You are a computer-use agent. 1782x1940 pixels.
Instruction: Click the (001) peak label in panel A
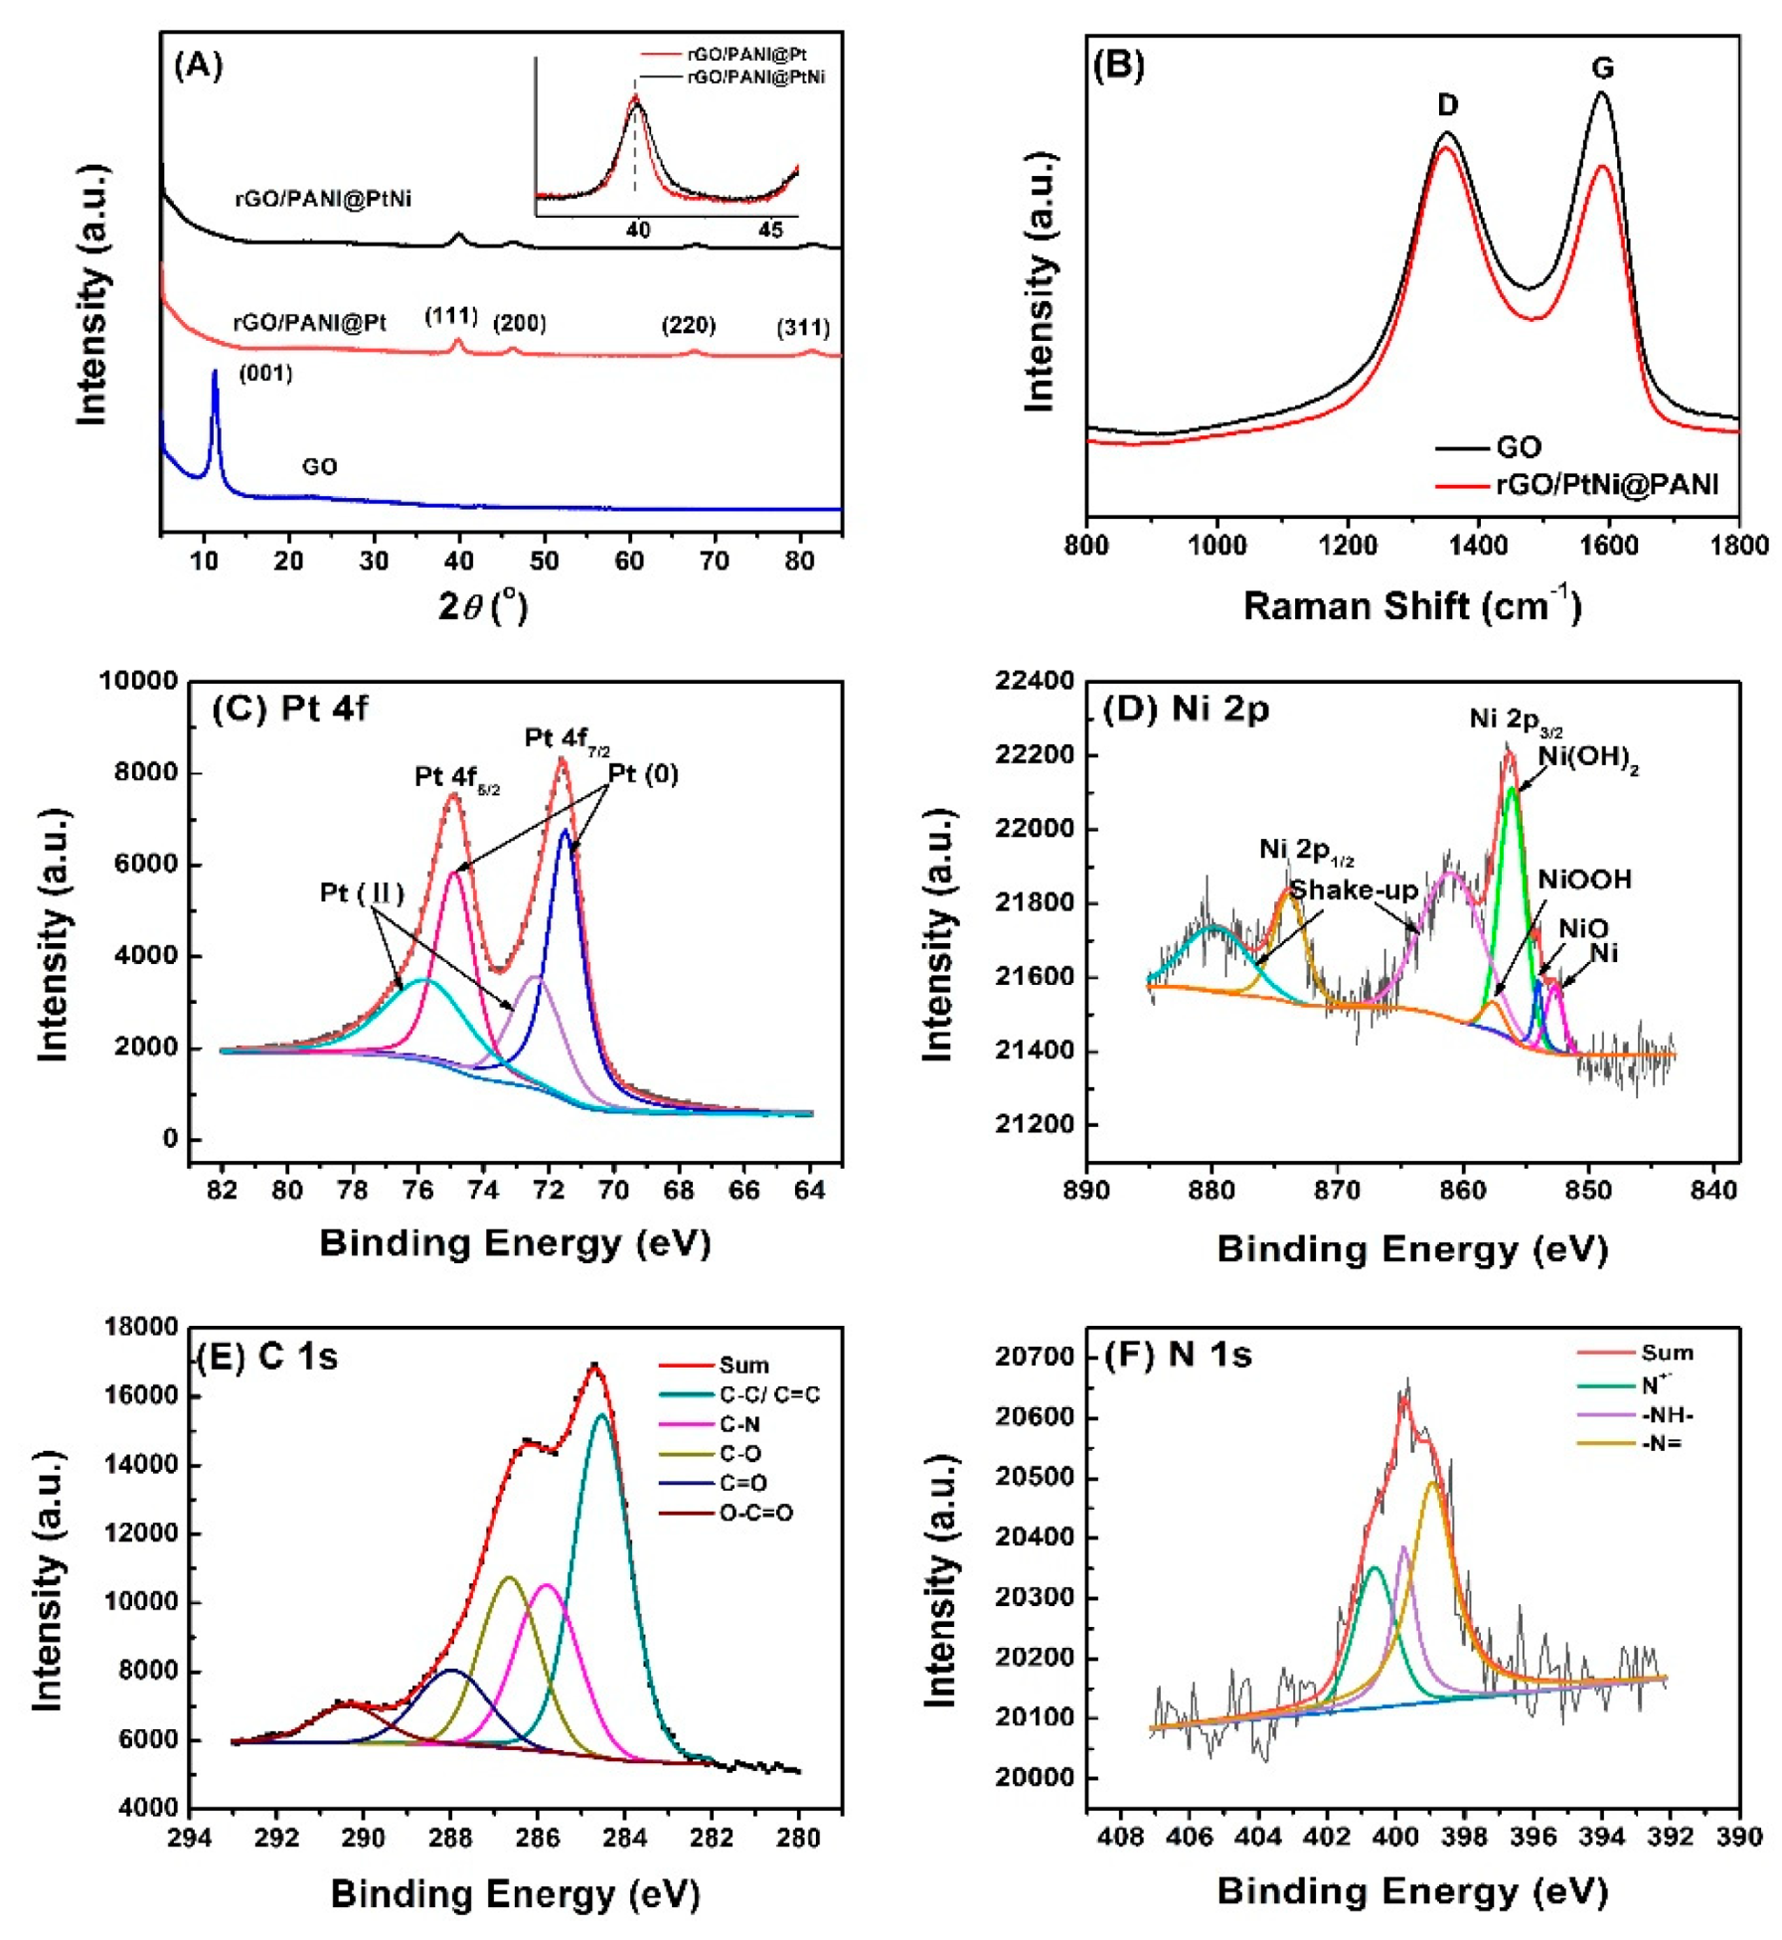pos(265,374)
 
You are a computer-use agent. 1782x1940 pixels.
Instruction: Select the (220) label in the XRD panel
pos(688,325)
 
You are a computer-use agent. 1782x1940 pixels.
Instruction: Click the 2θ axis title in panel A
pos(483,605)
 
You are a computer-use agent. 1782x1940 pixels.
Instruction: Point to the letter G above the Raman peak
pos(1601,68)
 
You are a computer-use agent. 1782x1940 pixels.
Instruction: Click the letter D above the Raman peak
pos(1447,105)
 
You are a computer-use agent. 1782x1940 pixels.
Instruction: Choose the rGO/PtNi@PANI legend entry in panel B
pos(1606,485)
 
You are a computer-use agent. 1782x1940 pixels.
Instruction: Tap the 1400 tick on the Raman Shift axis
pos(1478,546)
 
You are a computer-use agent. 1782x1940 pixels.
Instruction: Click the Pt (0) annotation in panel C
pos(643,774)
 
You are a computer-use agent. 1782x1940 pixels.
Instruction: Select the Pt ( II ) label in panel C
pos(362,893)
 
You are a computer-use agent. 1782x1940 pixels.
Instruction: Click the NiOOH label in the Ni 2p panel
pos(1584,880)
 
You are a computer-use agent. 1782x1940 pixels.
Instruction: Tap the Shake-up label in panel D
pos(1353,889)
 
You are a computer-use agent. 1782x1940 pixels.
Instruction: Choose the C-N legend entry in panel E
pos(740,1424)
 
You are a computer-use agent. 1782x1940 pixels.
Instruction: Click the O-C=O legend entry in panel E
pos(755,1514)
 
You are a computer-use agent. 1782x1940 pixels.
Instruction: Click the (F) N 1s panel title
pos(1178,1355)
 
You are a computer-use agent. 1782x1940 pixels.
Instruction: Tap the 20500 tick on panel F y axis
pos(1036,1479)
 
